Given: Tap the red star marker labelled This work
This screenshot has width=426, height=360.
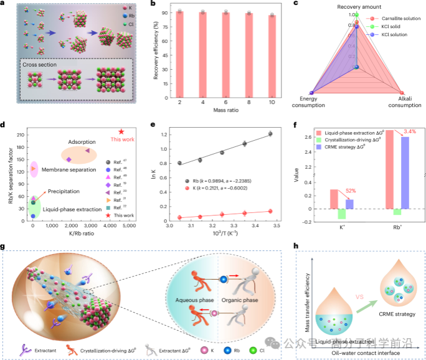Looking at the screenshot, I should coord(121,131).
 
